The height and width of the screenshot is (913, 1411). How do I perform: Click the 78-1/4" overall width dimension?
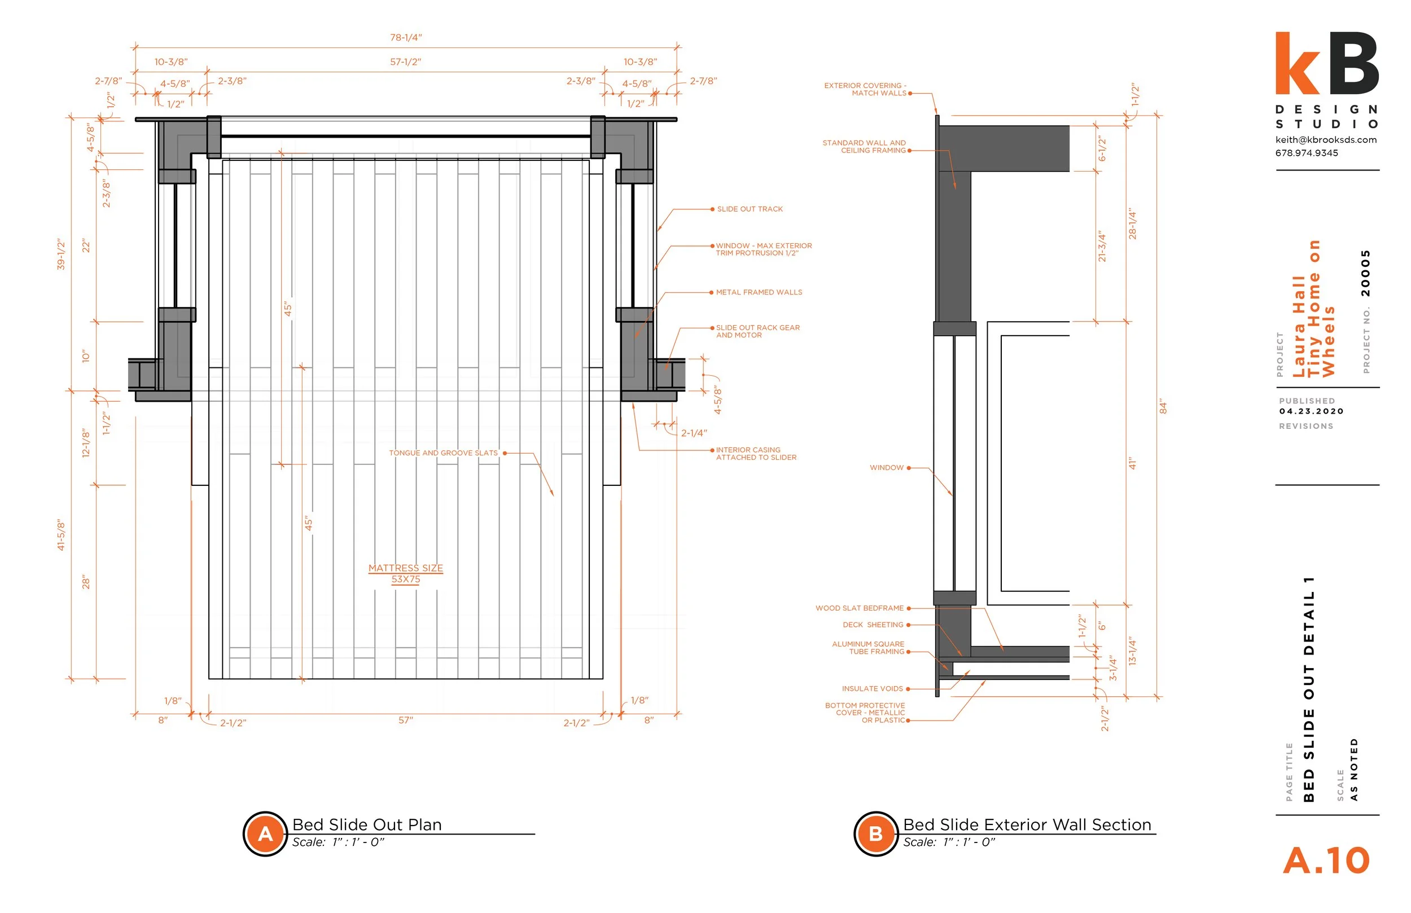[x=405, y=37]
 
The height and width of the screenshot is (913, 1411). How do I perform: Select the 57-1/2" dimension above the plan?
[x=405, y=62]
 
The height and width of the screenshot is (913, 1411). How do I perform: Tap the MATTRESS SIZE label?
[x=405, y=568]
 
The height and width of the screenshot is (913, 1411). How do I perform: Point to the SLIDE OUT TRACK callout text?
[x=750, y=209]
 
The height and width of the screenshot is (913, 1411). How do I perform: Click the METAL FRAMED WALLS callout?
[x=759, y=292]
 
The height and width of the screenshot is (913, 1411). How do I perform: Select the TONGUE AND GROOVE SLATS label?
[x=443, y=453]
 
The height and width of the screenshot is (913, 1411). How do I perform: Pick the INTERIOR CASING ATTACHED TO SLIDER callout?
[x=756, y=454]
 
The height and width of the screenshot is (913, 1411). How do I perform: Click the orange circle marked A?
[x=265, y=833]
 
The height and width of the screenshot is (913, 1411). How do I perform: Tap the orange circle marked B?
[x=875, y=833]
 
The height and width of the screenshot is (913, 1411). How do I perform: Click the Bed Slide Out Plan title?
[x=367, y=824]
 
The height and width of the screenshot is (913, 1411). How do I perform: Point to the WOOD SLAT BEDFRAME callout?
[x=859, y=608]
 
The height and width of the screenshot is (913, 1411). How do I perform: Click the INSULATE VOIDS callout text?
[x=872, y=689]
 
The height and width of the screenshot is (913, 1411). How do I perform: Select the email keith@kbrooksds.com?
[x=1326, y=140]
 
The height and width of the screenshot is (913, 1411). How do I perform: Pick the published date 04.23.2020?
[x=1311, y=411]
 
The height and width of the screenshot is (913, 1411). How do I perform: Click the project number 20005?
[x=1366, y=273]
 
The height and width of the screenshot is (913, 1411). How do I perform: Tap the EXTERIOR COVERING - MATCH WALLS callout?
[x=865, y=90]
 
